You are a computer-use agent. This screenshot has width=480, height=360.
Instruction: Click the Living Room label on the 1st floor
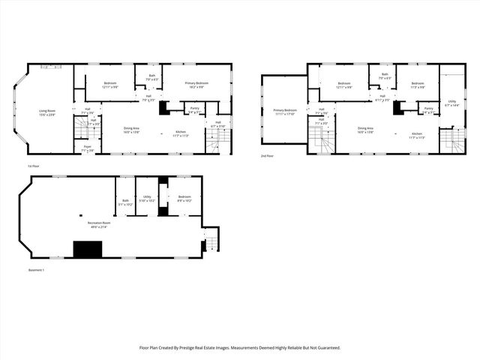click(48, 113)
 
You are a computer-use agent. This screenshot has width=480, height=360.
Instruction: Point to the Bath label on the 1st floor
click(151, 76)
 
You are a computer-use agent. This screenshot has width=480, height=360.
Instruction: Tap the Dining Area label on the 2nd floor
click(366, 130)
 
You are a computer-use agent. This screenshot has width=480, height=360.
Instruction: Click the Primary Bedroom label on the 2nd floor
click(285, 112)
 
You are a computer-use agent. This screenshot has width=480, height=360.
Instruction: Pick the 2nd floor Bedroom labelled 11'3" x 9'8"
click(417, 85)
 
